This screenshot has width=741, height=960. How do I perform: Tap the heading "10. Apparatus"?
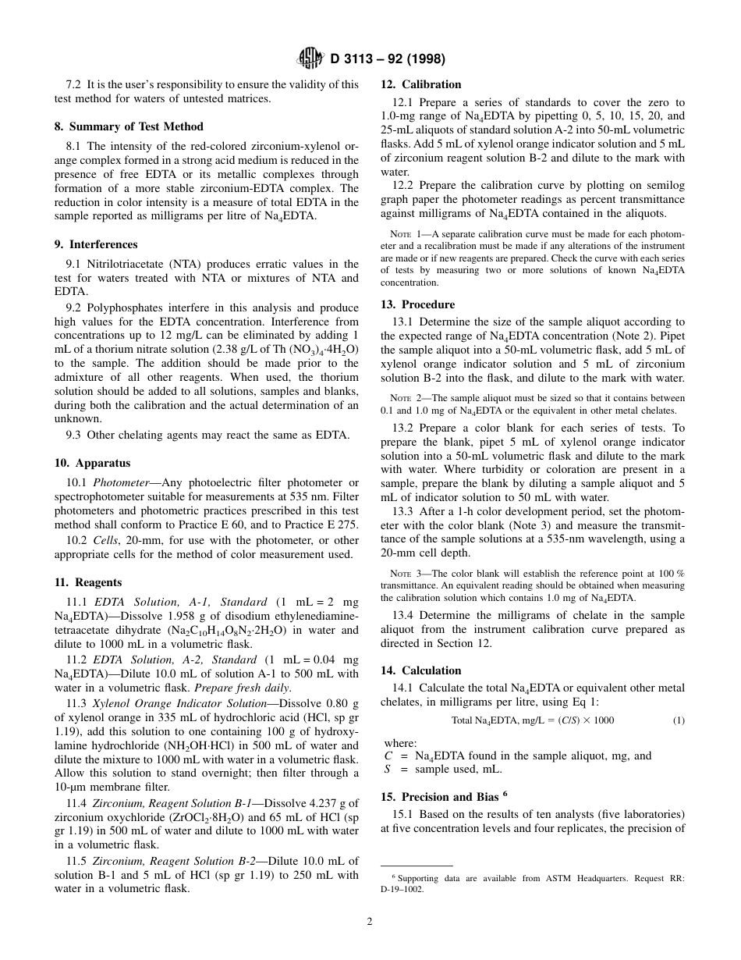(92, 463)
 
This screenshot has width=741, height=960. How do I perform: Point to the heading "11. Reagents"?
(88, 582)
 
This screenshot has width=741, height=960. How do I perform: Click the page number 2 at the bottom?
(370, 921)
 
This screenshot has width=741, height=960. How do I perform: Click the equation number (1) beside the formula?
(679, 720)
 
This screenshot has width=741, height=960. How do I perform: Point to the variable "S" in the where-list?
(388, 769)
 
